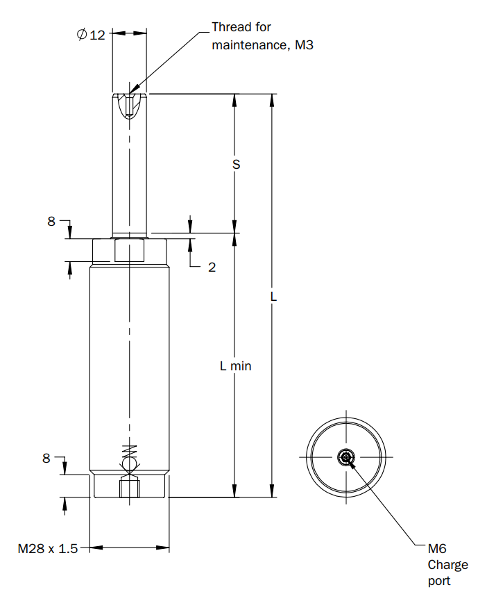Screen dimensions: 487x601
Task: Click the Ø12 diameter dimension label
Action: click(91, 35)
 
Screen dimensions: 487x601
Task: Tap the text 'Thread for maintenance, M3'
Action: click(262, 36)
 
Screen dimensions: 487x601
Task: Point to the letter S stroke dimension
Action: click(237, 165)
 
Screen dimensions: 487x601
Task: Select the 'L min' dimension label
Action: click(236, 366)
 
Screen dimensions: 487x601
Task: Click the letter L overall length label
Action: click(273, 297)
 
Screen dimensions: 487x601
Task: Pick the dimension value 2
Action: click(212, 267)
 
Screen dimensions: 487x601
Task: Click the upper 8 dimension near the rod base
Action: click(51, 221)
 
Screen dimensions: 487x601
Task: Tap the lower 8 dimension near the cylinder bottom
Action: click(46, 458)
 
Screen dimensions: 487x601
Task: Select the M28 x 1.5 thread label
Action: click(48, 548)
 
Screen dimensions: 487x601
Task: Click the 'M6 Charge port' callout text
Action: click(447, 565)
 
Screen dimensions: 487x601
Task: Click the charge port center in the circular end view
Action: click(346, 457)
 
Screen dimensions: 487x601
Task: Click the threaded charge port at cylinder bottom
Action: click(129, 488)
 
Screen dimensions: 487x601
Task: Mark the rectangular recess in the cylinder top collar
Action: click(129, 250)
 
